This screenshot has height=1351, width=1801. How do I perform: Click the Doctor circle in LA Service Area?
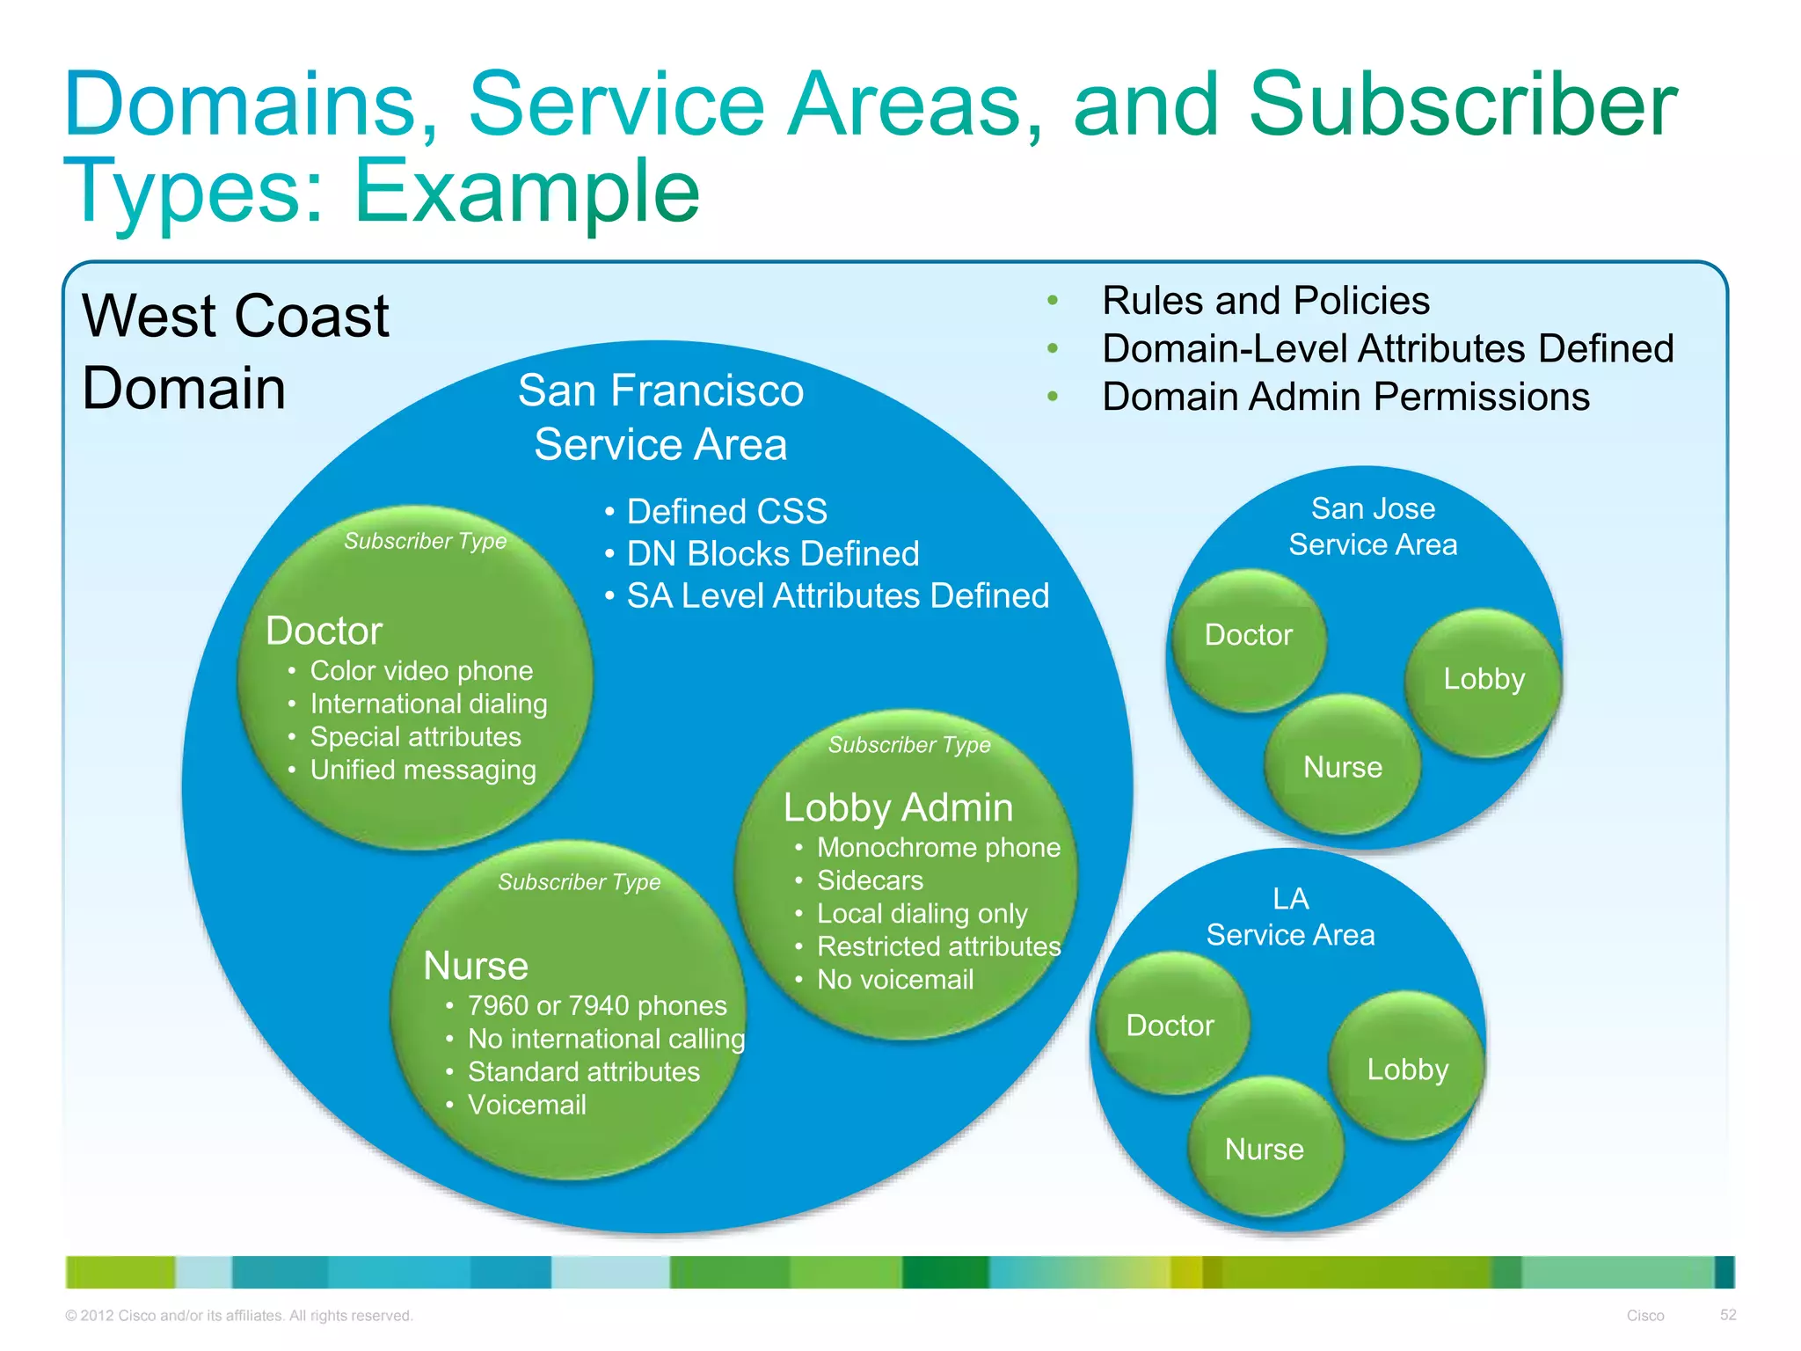(x=1170, y=1026)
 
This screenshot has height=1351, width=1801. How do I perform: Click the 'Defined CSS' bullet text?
(x=726, y=512)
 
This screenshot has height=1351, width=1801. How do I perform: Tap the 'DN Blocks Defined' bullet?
(x=772, y=554)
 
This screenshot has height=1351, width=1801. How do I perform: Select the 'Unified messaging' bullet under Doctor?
(x=423, y=770)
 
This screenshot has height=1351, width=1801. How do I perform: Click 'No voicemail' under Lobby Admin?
(x=895, y=980)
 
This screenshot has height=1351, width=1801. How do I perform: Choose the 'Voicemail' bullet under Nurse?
(x=527, y=1105)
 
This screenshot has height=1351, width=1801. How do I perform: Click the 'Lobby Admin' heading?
(x=898, y=807)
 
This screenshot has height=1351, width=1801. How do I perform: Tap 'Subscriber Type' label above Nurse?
(x=579, y=882)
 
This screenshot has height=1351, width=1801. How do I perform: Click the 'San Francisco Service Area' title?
(x=660, y=417)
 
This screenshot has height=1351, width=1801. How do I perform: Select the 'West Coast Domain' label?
(x=235, y=352)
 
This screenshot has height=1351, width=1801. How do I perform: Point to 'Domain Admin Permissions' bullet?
(x=1345, y=397)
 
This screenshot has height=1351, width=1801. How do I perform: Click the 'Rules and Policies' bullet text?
(x=1265, y=301)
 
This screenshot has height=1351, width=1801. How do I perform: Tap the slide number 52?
(x=1727, y=1315)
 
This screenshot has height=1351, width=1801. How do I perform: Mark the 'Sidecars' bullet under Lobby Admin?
(x=870, y=880)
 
